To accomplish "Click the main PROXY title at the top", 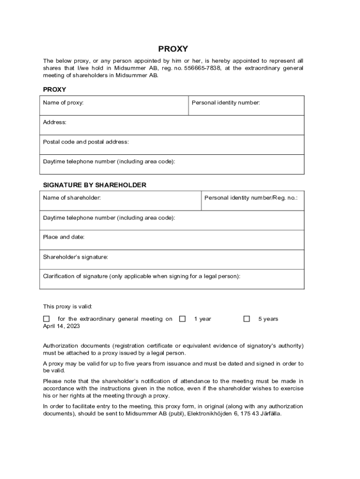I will point(173,49).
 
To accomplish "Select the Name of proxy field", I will point(115,106).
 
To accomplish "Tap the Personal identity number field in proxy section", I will point(246,106).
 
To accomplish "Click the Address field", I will point(173,125).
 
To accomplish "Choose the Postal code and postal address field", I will point(173,145).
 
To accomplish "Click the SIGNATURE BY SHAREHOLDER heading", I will point(94,185).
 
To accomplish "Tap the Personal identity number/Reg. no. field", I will point(252,201).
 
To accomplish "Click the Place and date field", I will point(173,240).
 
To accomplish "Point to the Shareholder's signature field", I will point(173,260).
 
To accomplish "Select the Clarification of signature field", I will point(173,280).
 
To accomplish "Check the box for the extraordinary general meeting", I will point(46,319).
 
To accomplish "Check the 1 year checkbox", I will point(183,319).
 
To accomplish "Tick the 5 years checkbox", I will point(247,319).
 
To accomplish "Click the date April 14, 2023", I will point(62,327).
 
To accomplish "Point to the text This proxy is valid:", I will point(68,307).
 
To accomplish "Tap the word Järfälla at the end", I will point(271,414).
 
